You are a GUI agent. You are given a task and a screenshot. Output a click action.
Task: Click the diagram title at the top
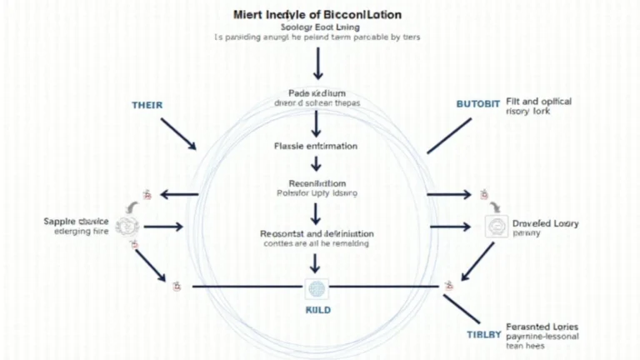(317, 15)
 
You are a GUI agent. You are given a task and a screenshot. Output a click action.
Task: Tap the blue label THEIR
(147, 106)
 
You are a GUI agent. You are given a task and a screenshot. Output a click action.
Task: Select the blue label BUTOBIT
(478, 104)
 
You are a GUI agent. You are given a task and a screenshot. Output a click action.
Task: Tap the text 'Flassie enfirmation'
(316, 146)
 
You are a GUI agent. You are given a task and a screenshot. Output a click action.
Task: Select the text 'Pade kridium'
(316, 93)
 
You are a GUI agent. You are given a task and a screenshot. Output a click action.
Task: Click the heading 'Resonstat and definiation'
(316, 233)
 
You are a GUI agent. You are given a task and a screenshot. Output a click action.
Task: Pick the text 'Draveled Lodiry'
(545, 223)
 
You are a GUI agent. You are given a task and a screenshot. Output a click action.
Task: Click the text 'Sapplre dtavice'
(77, 222)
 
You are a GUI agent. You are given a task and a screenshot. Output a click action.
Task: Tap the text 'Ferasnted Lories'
(542, 327)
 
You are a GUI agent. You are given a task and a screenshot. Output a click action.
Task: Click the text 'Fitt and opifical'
(538, 102)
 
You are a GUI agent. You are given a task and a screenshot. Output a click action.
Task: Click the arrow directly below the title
(317, 62)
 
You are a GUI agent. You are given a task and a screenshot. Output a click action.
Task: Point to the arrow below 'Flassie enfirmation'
(316, 164)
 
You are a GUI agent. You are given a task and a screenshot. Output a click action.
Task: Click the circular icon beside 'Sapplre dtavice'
(127, 224)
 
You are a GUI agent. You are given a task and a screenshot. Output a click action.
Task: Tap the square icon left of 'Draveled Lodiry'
(495, 226)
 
